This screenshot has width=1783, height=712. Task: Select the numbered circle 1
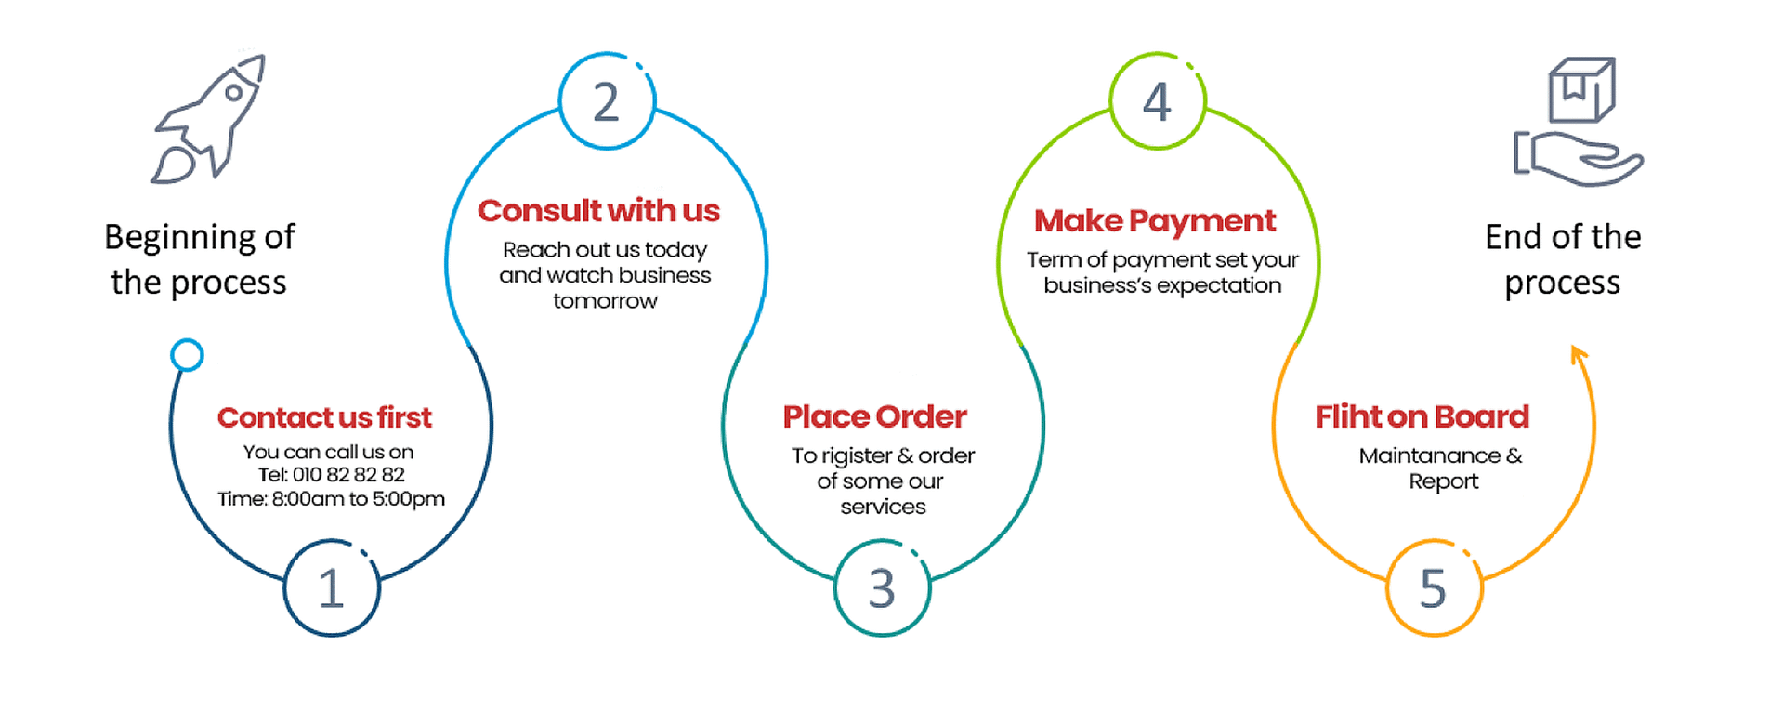(x=332, y=588)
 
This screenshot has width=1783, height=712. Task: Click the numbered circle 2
(x=607, y=101)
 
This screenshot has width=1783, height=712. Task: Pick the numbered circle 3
(x=882, y=588)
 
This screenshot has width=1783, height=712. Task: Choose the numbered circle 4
(x=1158, y=101)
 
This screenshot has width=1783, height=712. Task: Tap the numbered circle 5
(x=1434, y=588)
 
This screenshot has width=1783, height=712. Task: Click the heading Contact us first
(x=324, y=417)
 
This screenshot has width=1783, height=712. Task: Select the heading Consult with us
(x=598, y=211)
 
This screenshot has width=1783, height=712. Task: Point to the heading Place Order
(x=874, y=416)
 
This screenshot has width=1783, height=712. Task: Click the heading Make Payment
(x=1155, y=220)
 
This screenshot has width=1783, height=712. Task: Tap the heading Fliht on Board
(x=1422, y=416)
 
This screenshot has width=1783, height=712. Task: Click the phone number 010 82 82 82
(x=348, y=475)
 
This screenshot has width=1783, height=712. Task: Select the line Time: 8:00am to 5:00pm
(x=331, y=499)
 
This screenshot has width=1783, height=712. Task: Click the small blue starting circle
(x=187, y=355)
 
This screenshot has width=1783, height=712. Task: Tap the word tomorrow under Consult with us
(x=605, y=301)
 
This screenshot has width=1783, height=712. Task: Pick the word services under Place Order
(x=883, y=507)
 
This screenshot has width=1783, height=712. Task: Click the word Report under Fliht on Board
(x=1443, y=481)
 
